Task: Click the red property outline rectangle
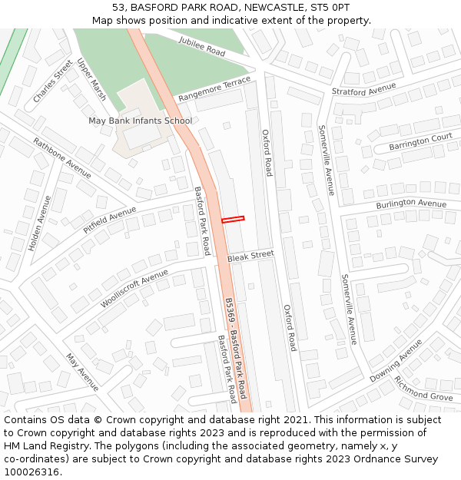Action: tap(233, 220)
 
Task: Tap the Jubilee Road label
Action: tap(201, 46)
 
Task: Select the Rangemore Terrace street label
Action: tap(214, 90)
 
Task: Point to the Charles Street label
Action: tap(53, 81)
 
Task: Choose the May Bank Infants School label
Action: tap(140, 121)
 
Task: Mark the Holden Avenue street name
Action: tap(39, 223)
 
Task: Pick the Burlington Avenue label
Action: tap(411, 204)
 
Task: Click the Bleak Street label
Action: tap(250, 256)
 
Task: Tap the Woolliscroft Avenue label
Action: tap(134, 289)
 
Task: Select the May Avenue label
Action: tap(82, 372)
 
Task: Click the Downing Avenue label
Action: tap(396, 361)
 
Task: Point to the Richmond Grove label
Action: tap(423, 389)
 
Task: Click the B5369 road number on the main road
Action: tap(229, 310)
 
